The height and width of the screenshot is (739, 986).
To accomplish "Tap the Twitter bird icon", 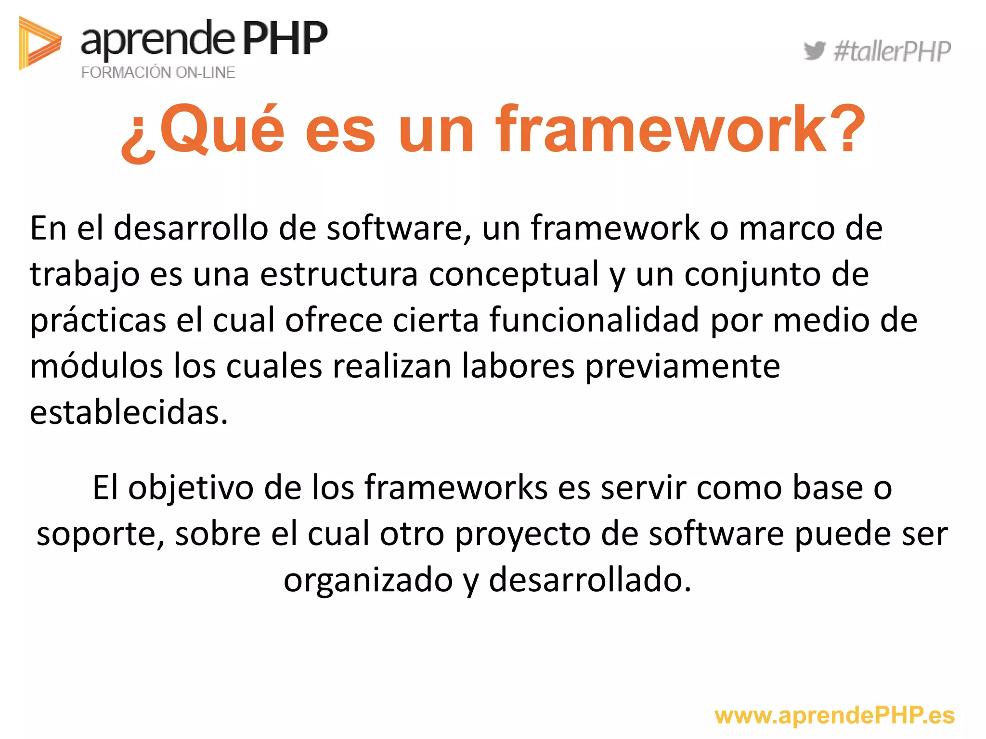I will click(814, 51).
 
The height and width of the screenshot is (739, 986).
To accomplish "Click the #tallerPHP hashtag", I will click(892, 51).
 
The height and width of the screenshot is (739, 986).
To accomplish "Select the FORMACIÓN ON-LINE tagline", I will click(158, 73).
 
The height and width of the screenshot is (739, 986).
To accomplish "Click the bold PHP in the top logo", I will click(285, 38).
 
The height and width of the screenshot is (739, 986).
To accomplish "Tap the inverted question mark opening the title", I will click(138, 140).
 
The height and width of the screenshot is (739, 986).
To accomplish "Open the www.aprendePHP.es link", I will click(834, 715).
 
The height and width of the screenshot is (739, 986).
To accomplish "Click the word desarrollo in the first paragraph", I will click(191, 228).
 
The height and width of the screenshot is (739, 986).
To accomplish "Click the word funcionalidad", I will click(594, 320).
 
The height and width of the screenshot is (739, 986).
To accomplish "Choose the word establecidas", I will click(129, 412).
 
